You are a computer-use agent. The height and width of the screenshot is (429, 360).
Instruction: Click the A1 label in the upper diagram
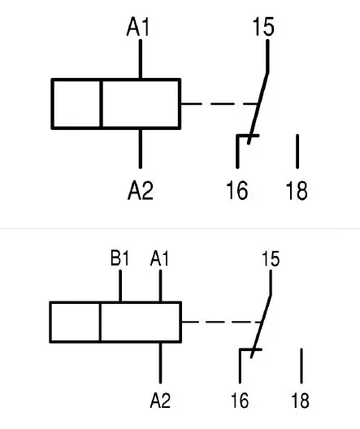point(138,27)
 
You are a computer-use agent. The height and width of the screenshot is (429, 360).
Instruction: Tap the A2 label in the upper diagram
point(141,190)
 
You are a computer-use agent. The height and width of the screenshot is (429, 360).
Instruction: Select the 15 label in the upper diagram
point(263,27)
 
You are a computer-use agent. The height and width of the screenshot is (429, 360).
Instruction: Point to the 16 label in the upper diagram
point(237,190)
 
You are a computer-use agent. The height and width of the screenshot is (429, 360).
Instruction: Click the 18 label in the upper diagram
point(297,190)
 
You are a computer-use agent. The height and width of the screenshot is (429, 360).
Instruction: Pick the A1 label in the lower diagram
point(160,258)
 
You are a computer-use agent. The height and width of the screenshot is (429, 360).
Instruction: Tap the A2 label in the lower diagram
point(160,401)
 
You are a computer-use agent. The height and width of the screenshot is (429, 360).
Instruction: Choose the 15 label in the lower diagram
point(271,259)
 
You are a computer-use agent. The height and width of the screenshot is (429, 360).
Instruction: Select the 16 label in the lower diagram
point(240,401)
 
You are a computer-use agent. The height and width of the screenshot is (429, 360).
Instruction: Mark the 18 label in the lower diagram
point(301,401)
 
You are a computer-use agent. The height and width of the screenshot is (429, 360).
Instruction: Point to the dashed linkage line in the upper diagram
point(219,104)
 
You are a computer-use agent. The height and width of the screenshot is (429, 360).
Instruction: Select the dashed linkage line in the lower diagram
point(222,322)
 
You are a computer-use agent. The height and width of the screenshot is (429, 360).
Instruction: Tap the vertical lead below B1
point(120,286)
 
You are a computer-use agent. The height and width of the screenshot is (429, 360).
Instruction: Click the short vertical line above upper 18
point(297,151)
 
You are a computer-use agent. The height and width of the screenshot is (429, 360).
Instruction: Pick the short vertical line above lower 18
point(301,366)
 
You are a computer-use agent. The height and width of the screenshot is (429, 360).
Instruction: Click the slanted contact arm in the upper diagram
point(258,108)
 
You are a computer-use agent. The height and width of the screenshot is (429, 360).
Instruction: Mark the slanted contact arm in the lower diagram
point(261,326)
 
